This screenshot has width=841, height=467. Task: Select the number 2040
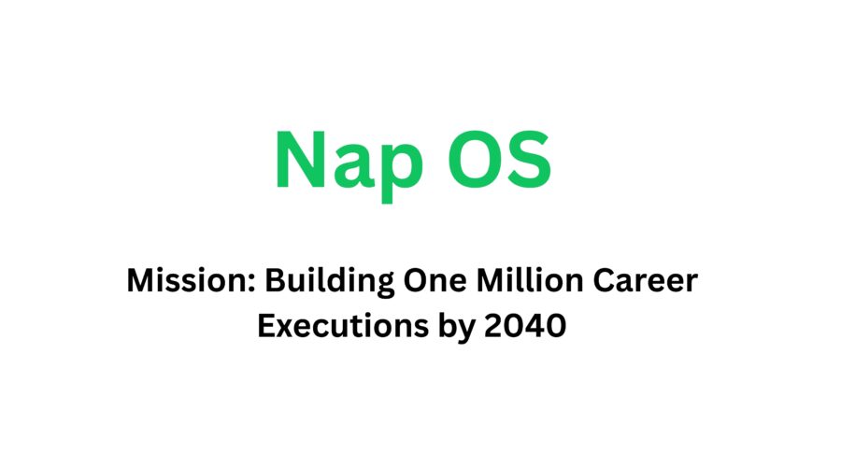[x=534, y=328]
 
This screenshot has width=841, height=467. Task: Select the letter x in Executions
[x=292, y=331]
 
